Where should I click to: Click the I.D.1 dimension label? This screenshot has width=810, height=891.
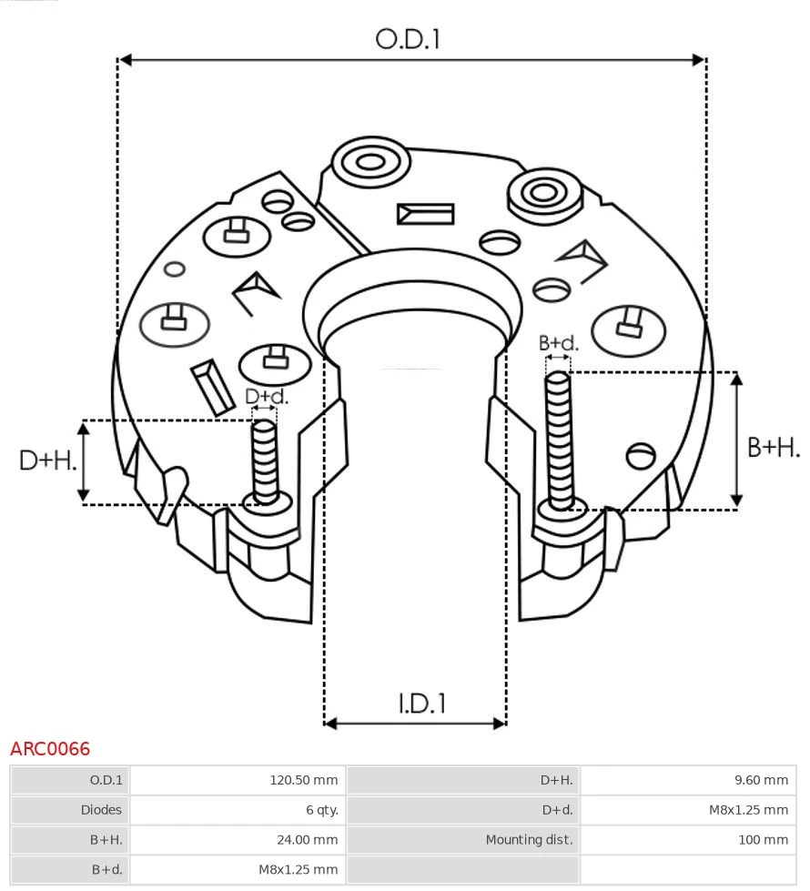[x=421, y=703]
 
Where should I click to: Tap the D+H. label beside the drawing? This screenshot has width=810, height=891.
[x=47, y=461]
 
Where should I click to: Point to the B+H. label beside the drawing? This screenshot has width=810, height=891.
[x=773, y=447]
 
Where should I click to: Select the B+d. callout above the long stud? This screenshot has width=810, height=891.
[x=558, y=343]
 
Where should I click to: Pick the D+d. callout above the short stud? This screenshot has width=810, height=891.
[x=266, y=397]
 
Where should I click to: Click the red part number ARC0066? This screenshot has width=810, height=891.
[x=50, y=749]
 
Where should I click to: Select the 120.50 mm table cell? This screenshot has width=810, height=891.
[x=303, y=780]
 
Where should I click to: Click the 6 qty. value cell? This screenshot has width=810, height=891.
[x=320, y=809]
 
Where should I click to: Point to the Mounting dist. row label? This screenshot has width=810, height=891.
[x=529, y=839]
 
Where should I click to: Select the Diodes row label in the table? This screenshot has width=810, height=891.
[x=100, y=809]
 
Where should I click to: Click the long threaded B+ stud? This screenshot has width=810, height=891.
[x=559, y=437]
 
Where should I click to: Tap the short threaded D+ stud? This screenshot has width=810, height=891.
[x=265, y=460]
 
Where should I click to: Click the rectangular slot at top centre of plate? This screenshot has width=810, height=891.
[x=425, y=214]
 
